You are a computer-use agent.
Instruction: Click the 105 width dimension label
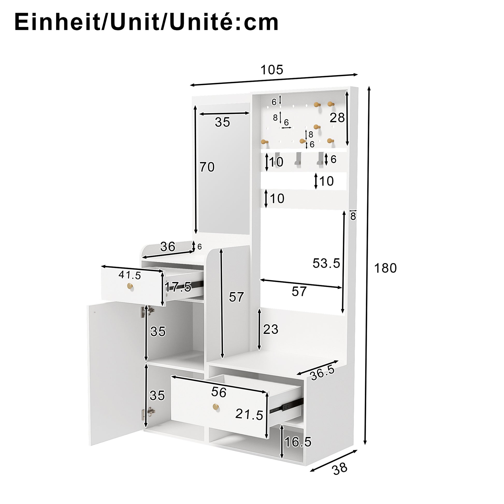[272, 70]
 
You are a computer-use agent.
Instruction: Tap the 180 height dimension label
[385, 268]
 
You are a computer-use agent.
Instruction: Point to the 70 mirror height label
[207, 167]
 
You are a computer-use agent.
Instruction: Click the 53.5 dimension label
[326, 263]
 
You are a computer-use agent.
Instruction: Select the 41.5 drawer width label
[130, 275]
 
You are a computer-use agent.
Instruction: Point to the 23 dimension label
[271, 329]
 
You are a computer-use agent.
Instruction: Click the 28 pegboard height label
[337, 118]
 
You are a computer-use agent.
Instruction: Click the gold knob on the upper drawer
[130, 286]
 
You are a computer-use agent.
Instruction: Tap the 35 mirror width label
[222, 122]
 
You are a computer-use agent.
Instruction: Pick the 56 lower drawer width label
[219, 392]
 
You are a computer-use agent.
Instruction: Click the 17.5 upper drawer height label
[178, 287]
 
